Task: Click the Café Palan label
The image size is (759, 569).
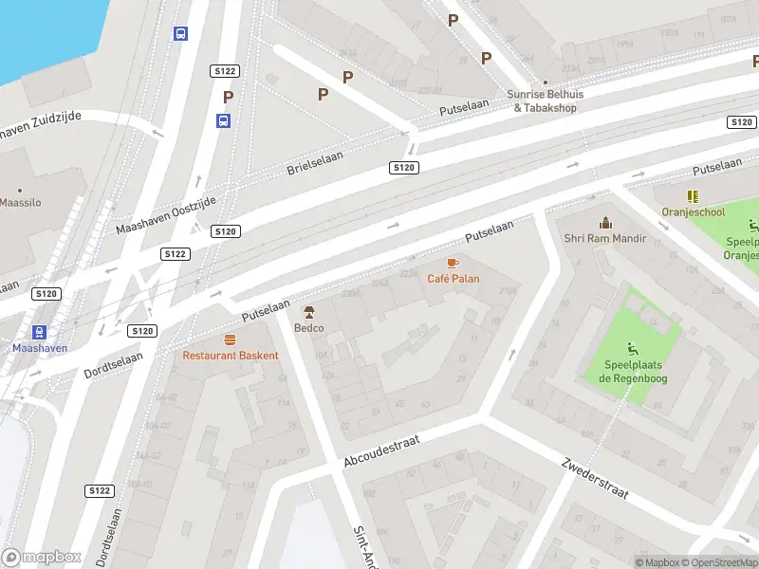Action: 453,279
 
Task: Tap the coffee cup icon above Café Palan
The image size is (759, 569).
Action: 453,263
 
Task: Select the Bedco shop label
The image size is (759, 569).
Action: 308,328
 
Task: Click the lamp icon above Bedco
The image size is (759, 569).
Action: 308,312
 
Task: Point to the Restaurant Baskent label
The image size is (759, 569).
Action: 231,356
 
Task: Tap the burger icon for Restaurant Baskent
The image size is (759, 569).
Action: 230,340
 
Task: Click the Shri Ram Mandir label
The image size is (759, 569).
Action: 604,239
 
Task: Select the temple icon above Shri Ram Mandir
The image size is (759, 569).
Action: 604,223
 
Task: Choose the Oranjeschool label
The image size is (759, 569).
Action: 693,213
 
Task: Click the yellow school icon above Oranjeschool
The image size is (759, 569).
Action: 693,196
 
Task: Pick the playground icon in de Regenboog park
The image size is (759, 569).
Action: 633,348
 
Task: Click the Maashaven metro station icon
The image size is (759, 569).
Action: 39,331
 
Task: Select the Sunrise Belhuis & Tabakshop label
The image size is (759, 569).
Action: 545,101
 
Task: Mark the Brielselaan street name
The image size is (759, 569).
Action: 314,162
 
